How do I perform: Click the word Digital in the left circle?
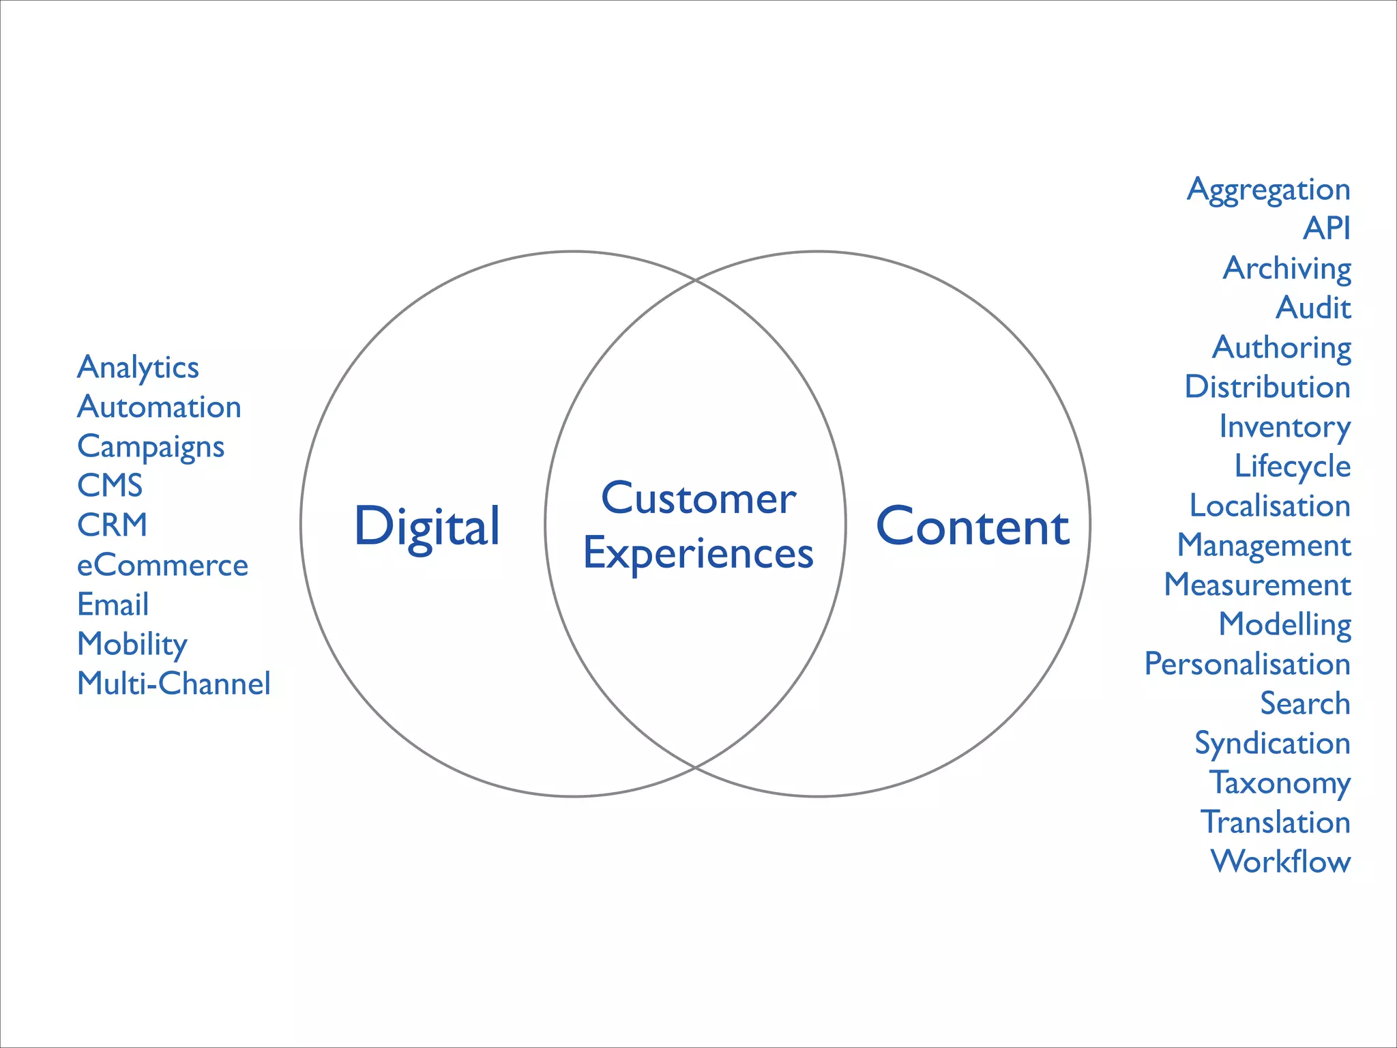[x=427, y=527]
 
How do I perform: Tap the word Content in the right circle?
[x=973, y=527]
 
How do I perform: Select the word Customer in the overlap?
[x=698, y=498]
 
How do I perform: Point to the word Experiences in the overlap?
[x=698, y=553]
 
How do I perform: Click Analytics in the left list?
[x=138, y=368]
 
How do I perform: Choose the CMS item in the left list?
[x=110, y=486]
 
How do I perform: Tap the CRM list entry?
[x=112, y=525]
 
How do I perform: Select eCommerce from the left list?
[x=162, y=565]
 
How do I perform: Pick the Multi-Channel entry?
[x=173, y=684]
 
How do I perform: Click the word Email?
[x=113, y=605]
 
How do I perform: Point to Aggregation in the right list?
[x=1268, y=190]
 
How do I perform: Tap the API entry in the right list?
[x=1326, y=229]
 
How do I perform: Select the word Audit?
[x=1313, y=308]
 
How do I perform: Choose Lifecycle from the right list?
[x=1292, y=467]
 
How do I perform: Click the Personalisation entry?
[x=1247, y=664]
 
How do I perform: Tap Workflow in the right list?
[x=1280, y=862]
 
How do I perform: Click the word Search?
[x=1305, y=703]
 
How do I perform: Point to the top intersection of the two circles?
[x=695, y=280]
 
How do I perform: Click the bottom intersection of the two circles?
[x=695, y=768]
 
